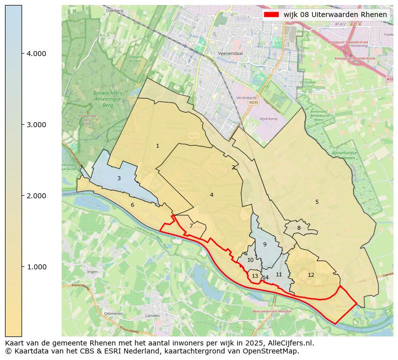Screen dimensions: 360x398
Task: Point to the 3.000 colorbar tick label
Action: [36, 125]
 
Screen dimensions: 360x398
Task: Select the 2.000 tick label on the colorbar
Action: [36, 196]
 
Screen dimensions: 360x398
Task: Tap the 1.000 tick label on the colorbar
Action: [36, 267]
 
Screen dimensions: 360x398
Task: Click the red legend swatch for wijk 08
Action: [271, 15]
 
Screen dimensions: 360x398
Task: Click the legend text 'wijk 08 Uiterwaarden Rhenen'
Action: [335, 15]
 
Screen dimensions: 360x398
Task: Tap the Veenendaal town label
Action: [231, 53]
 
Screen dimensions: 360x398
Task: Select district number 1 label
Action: [157, 146]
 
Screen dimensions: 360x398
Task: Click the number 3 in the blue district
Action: [119, 178]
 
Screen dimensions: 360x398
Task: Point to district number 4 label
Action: [212, 195]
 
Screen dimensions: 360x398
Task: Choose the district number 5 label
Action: [317, 202]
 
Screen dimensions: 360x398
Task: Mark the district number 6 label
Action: [132, 205]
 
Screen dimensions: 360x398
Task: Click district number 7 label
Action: [191, 226]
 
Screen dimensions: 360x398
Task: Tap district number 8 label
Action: [299, 228]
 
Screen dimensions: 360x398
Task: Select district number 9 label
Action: [265, 244]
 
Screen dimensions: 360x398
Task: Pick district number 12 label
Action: [311, 275]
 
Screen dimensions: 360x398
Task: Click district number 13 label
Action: [255, 276]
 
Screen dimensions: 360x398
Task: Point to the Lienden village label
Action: [152, 316]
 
